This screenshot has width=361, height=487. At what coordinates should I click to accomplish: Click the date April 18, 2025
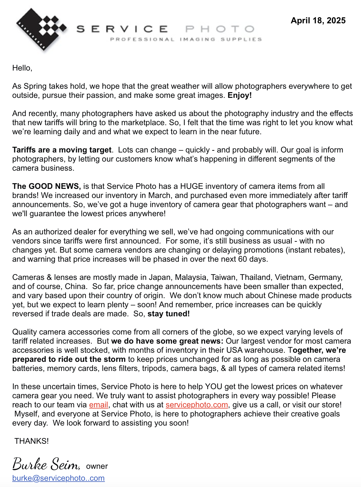coord(318,20)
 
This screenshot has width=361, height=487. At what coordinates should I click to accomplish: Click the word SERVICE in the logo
coord(122,29)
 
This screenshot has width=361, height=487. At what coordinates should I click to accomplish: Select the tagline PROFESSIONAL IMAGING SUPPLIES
coord(186,39)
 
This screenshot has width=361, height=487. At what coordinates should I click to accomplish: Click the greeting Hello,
coord(22,68)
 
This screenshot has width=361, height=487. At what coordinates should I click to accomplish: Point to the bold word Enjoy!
coord(240,95)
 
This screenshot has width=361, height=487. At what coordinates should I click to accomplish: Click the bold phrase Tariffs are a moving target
coord(62,150)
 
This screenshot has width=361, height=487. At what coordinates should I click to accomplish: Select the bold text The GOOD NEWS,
coord(46,186)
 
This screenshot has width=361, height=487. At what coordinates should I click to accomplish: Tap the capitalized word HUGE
coord(192,186)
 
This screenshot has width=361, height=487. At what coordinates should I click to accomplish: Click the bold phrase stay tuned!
coord(169,314)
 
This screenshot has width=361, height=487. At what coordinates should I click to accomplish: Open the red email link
coord(98,405)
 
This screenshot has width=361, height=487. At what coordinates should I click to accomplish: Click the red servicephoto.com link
coord(197,405)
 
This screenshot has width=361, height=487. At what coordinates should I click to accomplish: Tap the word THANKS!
coord(32,441)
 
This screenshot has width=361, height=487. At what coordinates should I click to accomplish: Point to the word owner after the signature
coord(97,466)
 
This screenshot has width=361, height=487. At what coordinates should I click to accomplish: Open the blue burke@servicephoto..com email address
coord(58,478)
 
